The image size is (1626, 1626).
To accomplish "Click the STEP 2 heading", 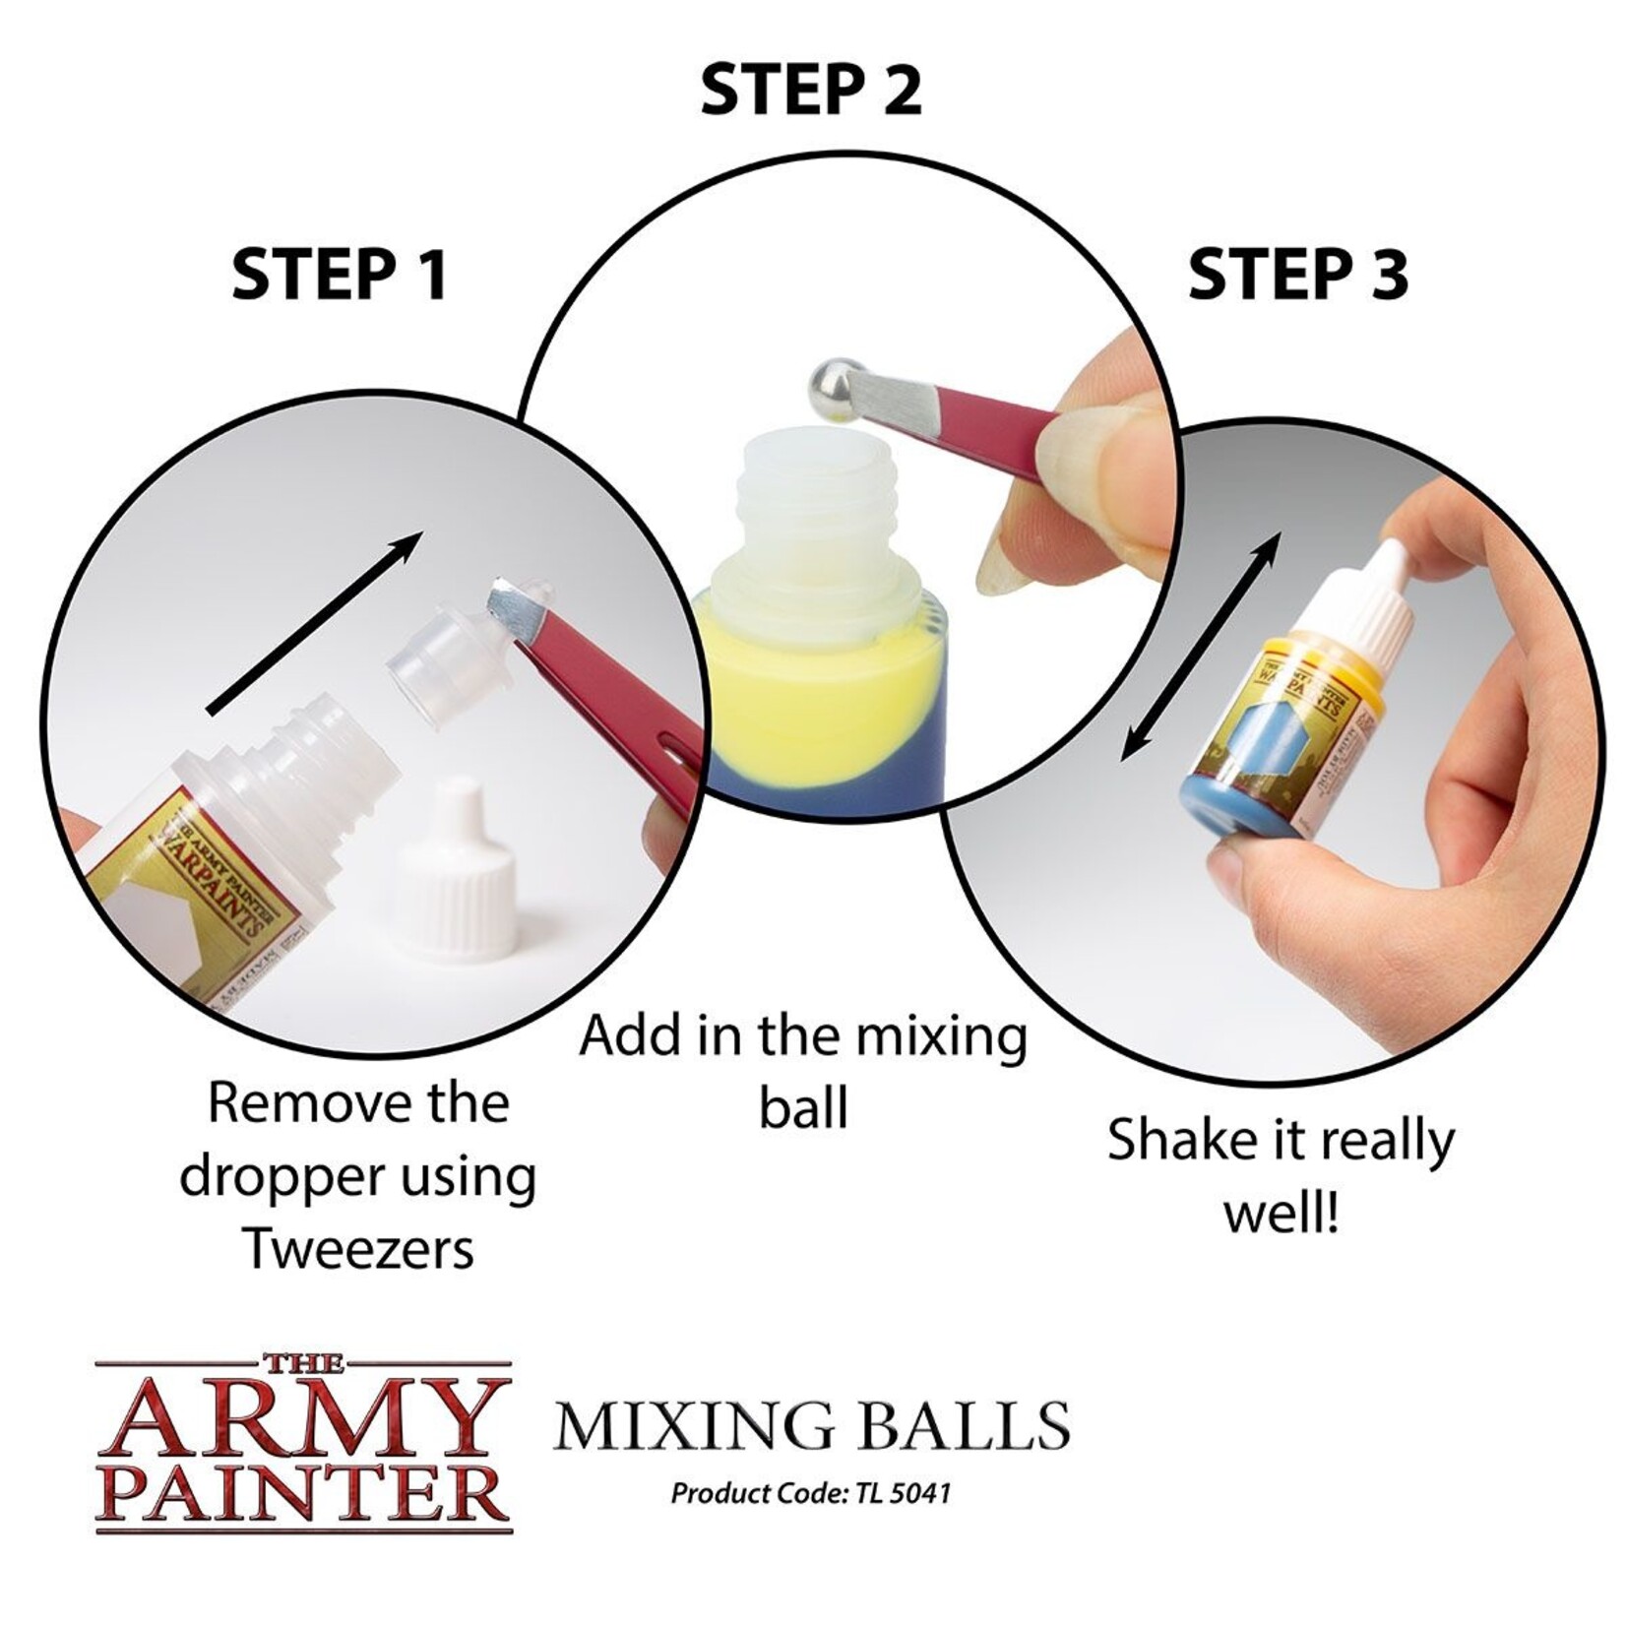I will point(810,91).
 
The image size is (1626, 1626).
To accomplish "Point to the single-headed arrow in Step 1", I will point(315,620).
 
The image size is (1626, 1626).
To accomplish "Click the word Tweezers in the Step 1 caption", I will point(359,1248).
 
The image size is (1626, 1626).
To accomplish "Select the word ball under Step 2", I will point(803,1108).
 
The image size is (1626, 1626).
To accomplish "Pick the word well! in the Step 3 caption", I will point(1281,1215).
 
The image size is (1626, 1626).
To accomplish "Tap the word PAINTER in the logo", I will point(305,1493).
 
